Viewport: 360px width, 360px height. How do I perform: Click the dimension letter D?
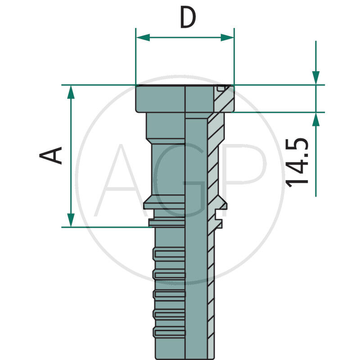click(188, 18)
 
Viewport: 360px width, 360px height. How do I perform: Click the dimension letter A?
click(51, 155)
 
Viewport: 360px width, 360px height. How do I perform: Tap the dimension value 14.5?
click(298, 162)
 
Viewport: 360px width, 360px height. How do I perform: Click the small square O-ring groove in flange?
click(220, 88)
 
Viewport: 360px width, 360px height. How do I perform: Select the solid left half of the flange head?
click(160, 99)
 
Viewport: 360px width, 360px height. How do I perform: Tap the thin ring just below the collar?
click(166, 222)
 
